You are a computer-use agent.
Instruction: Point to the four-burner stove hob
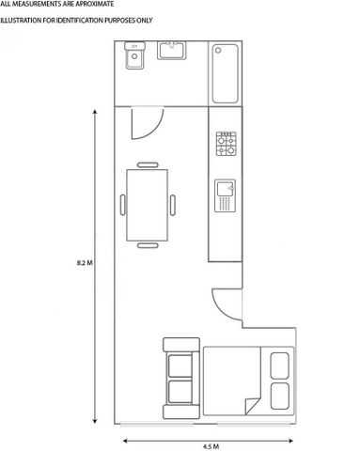[x=227, y=144]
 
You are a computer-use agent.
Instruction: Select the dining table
[x=148, y=205]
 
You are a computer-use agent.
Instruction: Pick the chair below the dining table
[x=148, y=246]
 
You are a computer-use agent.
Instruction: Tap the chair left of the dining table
[x=122, y=205]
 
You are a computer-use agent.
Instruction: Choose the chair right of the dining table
[x=172, y=205]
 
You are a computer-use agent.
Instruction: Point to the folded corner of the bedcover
[x=252, y=405]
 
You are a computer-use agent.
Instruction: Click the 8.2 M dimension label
[x=84, y=264]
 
